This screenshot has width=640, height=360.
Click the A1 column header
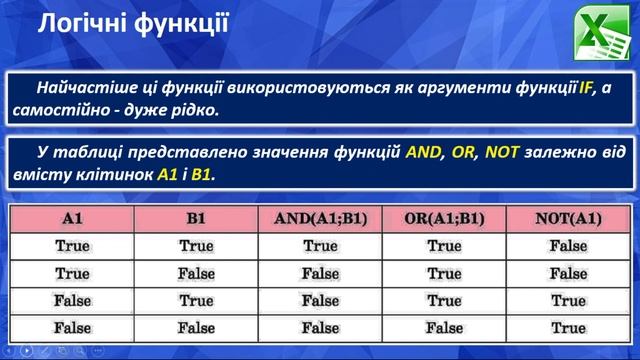[72, 218]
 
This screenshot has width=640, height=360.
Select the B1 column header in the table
[196, 218]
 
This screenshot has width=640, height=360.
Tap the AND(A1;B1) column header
[320, 218]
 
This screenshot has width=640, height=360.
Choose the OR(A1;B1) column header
[444, 218]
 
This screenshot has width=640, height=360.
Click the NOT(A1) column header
[568, 218]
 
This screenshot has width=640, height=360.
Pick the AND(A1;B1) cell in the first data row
[320, 245]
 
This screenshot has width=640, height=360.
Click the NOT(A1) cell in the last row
[568, 327]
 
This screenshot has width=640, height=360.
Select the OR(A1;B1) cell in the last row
[444, 327]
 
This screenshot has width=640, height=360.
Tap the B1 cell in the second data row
[196, 273]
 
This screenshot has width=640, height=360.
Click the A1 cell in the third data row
[72, 300]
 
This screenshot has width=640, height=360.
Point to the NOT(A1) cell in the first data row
[568, 245]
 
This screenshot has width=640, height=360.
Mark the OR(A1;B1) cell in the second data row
[444, 273]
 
